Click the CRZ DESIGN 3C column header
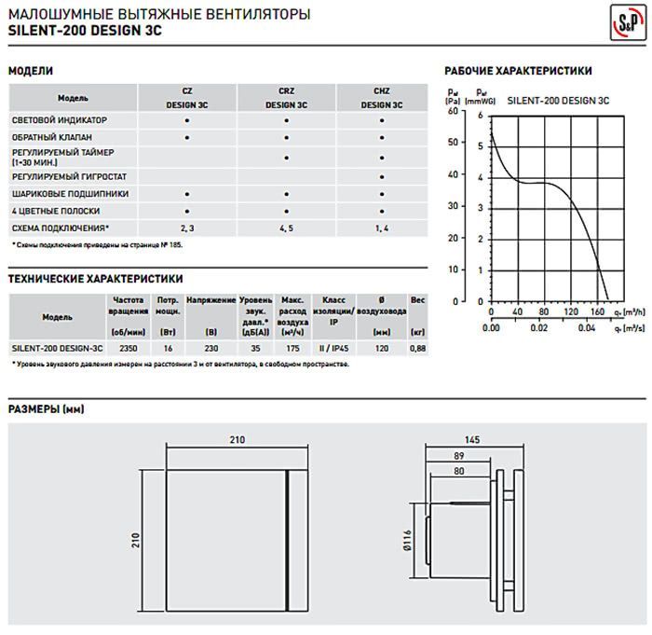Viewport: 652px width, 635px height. click(x=286, y=98)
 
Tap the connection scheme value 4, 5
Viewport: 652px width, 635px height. click(x=286, y=228)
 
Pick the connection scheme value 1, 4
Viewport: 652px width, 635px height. click(x=382, y=228)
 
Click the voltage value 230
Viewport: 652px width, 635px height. click(x=211, y=348)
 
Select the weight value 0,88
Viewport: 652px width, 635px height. click(x=417, y=348)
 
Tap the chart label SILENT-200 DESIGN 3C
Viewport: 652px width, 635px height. click(x=559, y=99)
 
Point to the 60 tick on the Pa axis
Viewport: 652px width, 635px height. click(x=455, y=112)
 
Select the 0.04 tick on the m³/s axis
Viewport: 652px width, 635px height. click(x=587, y=328)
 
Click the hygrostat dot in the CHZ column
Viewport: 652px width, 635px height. click(x=382, y=176)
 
